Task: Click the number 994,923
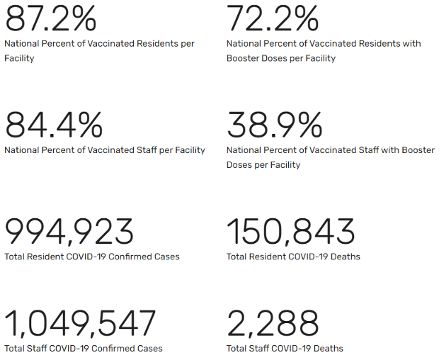(69, 232)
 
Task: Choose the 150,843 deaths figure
(290, 232)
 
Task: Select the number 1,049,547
(80, 324)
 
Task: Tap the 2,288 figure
(273, 324)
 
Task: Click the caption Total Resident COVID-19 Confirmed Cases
(92, 257)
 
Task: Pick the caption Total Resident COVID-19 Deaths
(293, 257)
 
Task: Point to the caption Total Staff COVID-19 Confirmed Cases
(84, 349)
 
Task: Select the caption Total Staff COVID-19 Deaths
(285, 349)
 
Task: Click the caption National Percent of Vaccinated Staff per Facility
(105, 150)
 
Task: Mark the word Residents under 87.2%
(151, 44)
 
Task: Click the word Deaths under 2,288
(329, 349)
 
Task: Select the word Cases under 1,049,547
(150, 349)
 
